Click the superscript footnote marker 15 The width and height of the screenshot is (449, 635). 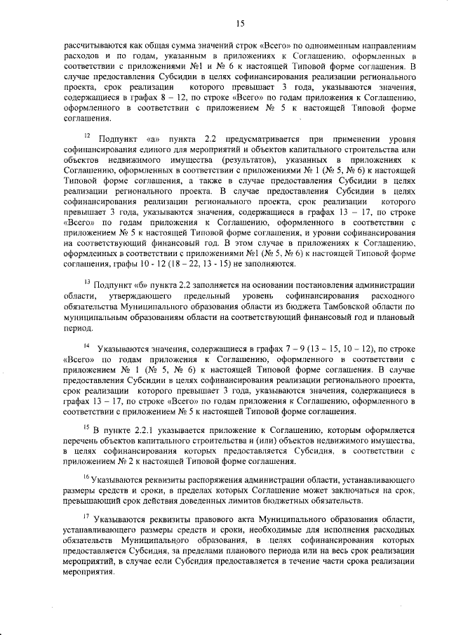pos(86,423)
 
